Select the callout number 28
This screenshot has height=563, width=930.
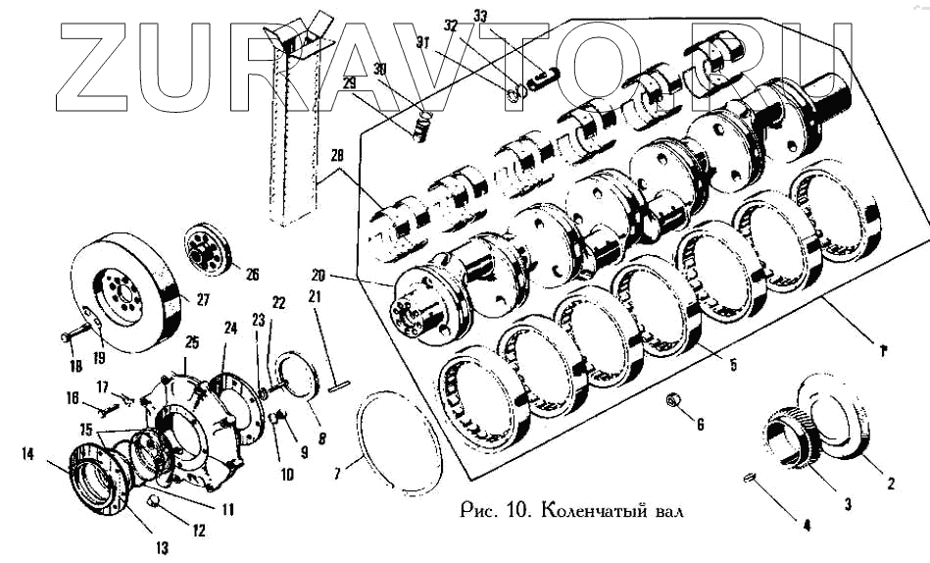click(337, 157)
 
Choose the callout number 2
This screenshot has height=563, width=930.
click(891, 484)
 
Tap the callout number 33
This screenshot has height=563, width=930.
click(479, 16)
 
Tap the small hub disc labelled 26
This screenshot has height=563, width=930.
click(208, 251)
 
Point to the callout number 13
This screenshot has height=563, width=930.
click(161, 546)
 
